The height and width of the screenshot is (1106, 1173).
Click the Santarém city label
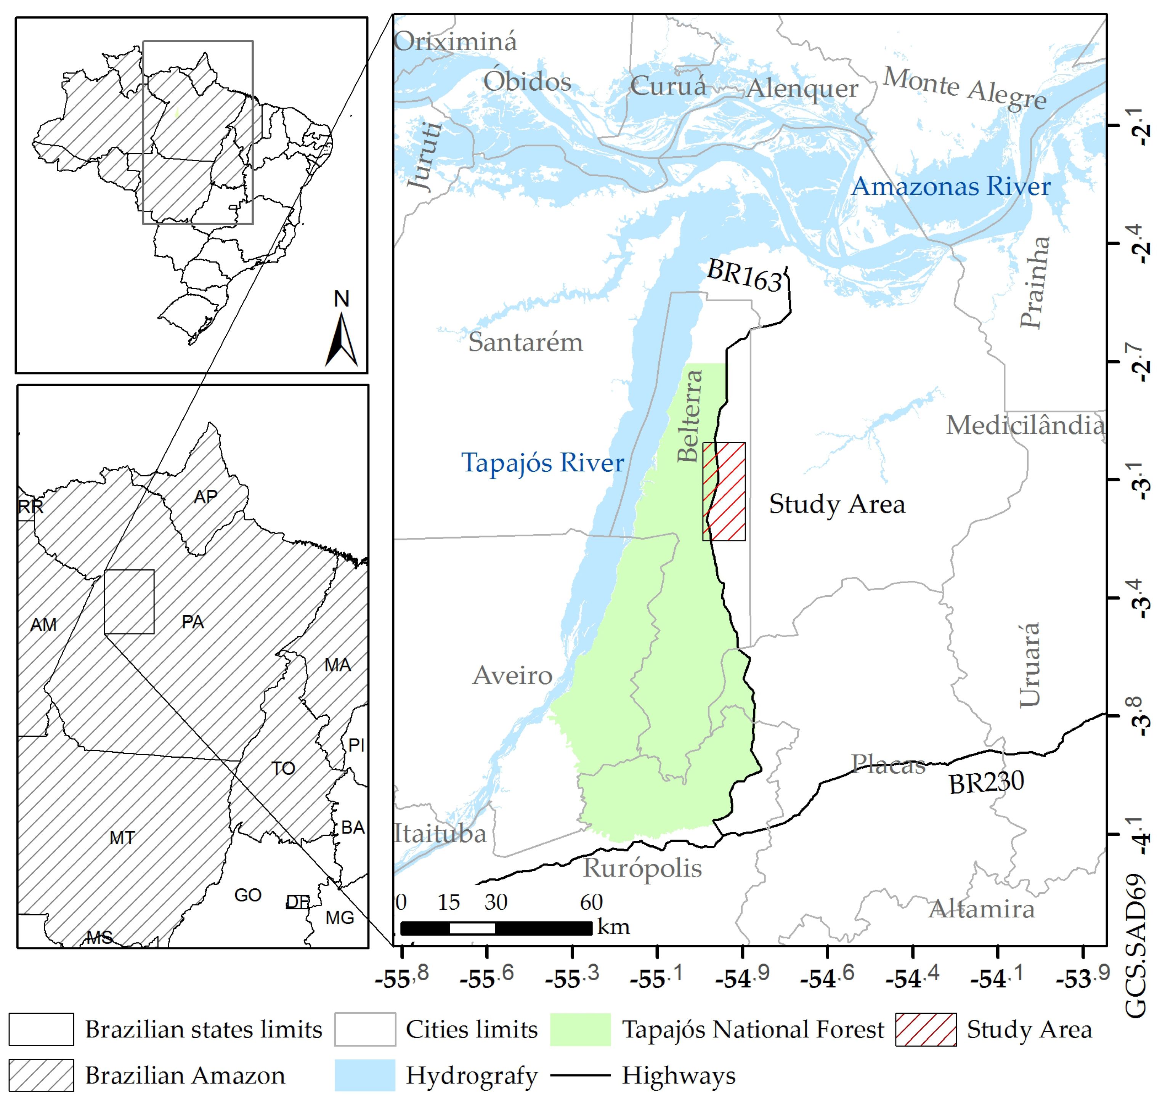525,343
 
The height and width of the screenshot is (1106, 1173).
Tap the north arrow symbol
342,339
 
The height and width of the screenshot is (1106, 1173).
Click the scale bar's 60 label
591,902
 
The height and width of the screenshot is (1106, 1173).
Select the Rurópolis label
643,868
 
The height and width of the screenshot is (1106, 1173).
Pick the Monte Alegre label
965,87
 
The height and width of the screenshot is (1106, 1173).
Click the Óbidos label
527,82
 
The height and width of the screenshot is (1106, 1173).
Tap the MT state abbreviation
122,838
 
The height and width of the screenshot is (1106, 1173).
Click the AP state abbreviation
205,497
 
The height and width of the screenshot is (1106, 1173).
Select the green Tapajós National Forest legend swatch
580,1029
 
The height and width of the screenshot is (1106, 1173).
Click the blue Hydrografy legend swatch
365,1076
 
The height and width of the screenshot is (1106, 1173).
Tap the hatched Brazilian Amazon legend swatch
41,1076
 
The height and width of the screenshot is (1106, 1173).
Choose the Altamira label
982,909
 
